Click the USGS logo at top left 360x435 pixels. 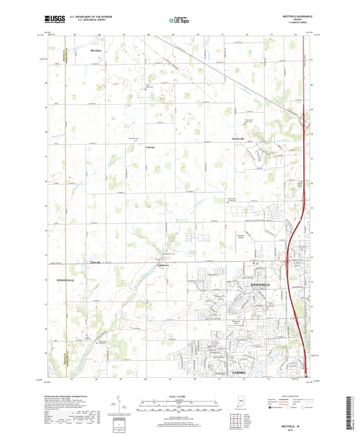tap(54, 19)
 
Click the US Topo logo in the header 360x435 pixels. tap(179, 19)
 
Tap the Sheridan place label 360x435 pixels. tap(96, 51)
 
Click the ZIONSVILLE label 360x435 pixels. tap(66, 280)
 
